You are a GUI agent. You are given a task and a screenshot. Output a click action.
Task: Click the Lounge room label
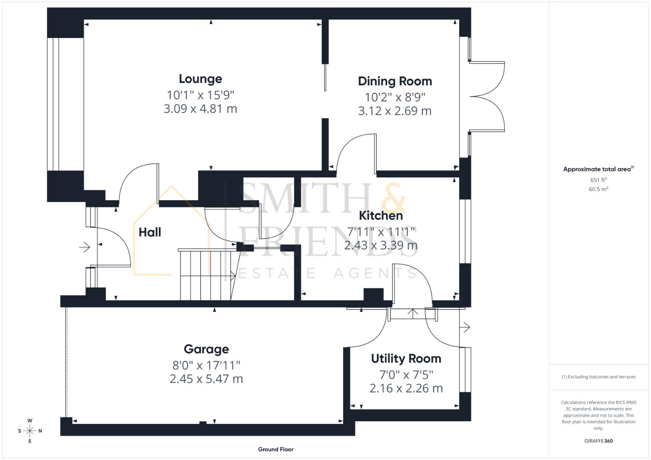click(x=200, y=79)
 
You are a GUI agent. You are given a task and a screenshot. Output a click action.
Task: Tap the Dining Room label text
click(x=395, y=81)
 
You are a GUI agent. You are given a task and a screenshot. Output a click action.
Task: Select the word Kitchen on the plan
click(x=381, y=216)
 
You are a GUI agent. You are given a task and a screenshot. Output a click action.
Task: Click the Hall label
click(x=150, y=232)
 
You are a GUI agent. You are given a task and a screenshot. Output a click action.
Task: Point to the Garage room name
click(x=206, y=349)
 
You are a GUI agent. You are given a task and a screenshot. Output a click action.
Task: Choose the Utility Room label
click(x=406, y=359)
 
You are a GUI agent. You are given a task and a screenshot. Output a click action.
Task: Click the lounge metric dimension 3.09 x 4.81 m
click(x=200, y=109)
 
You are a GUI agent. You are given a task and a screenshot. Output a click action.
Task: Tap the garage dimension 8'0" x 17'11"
click(x=206, y=365)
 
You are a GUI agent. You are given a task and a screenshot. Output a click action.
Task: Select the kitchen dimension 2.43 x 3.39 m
click(x=381, y=245)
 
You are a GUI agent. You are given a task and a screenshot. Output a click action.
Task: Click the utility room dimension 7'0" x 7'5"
click(x=406, y=374)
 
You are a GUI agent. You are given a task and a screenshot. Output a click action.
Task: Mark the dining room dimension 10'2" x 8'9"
click(x=395, y=97)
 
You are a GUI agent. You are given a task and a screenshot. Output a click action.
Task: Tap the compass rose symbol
click(x=30, y=431)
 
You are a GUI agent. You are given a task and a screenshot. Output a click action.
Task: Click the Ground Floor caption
click(x=275, y=449)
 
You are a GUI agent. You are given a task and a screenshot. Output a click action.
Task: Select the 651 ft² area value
click(x=598, y=180)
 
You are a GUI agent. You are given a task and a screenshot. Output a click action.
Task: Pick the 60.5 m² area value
click(x=598, y=189)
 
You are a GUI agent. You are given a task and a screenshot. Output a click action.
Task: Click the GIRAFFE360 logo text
click(x=598, y=441)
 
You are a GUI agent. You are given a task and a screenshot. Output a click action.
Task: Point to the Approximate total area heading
click(x=598, y=169)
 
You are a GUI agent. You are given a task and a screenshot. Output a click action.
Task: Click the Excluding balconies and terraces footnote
click(x=598, y=377)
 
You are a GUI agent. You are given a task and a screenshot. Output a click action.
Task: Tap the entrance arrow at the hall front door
click(x=84, y=247)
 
